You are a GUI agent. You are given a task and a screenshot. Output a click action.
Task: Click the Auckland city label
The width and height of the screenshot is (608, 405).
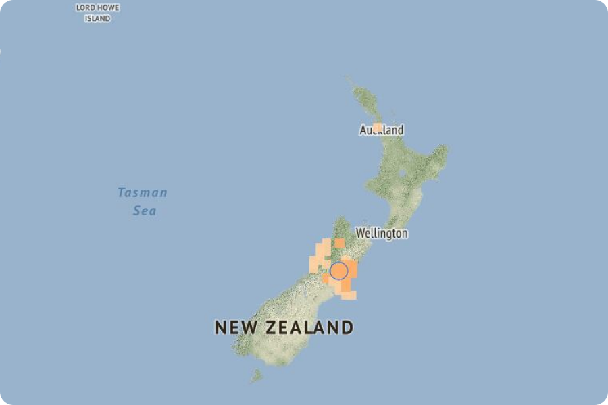click(382, 130)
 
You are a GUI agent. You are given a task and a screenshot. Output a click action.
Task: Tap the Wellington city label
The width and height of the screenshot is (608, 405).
click(382, 234)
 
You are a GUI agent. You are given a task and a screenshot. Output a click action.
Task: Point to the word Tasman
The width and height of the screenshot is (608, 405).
click(142, 193)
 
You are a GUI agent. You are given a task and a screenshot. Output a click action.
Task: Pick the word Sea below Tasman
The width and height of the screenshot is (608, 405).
click(145, 211)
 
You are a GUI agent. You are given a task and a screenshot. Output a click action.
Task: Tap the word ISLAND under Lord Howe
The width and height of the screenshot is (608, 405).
click(97, 18)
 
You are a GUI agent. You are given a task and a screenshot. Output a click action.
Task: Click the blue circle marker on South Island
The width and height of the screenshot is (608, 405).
click(339, 271)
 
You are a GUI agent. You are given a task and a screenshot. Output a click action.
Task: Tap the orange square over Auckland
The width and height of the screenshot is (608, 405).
click(378, 128)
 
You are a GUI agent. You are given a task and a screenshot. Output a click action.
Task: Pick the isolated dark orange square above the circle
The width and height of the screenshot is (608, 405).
click(339, 243)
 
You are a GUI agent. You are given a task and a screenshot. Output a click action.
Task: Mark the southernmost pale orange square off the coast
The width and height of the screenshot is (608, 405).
click(349, 295)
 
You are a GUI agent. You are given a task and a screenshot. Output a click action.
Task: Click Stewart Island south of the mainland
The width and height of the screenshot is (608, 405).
click(256, 375)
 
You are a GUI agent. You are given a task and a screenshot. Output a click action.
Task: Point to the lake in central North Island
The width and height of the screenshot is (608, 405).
click(403, 175)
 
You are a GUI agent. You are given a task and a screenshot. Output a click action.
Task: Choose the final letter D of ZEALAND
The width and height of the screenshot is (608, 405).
click(347, 328)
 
